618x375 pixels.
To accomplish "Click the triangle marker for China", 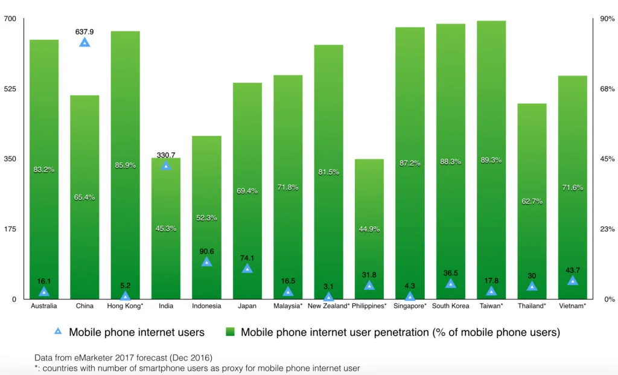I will [84, 42].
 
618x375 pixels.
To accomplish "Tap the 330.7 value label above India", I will [166, 155].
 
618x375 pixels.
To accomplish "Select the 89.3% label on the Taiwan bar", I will [491, 160].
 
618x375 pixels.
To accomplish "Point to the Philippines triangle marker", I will [369, 286].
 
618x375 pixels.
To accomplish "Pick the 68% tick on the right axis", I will [607, 89].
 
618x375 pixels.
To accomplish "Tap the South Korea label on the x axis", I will [450, 306].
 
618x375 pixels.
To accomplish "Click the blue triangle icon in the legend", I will [58, 332].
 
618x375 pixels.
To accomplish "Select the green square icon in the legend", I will [230, 332].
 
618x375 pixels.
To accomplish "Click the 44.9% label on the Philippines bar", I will [369, 229].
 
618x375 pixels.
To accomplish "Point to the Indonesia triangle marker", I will [206, 262].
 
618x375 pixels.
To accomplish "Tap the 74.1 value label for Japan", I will [247, 258].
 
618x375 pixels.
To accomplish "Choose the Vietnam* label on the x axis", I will [572, 306].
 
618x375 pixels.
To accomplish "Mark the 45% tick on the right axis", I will [607, 159].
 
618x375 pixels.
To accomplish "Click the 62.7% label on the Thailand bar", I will [532, 201].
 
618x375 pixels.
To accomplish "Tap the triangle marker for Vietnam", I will [572, 281].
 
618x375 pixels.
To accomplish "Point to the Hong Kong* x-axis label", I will [125, 306].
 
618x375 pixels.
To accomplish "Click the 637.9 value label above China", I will [84, 31].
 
